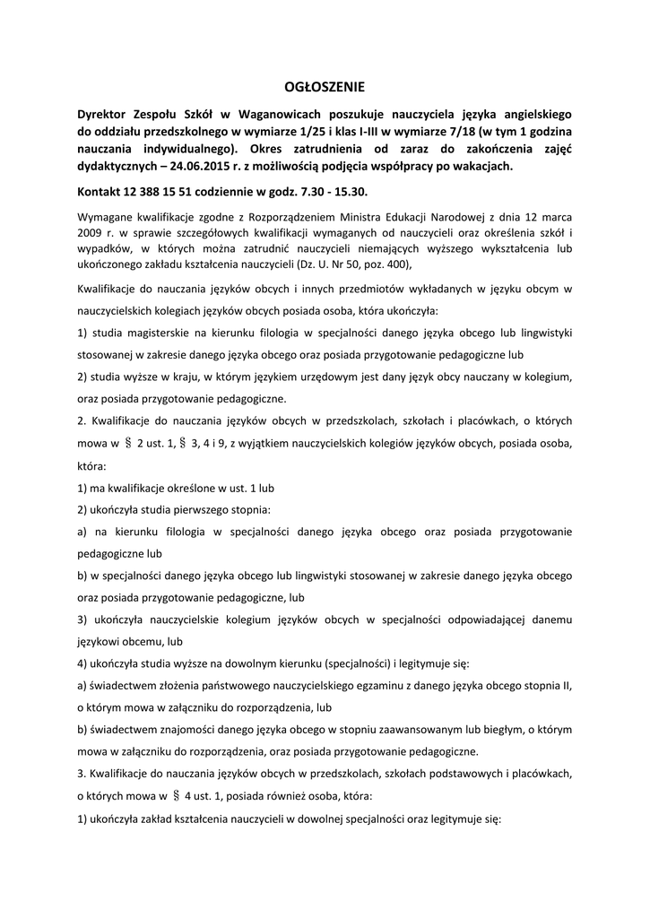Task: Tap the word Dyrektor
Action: pyautogui.click(x=102, y=115)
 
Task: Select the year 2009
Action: pyautogui.click(x=90, y=233)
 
